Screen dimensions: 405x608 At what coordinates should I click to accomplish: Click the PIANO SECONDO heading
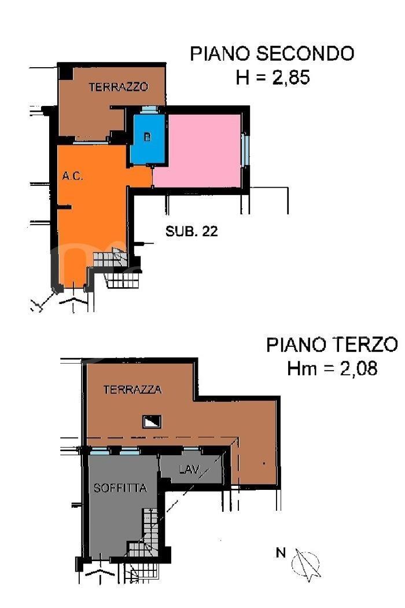click(x=272, y=53)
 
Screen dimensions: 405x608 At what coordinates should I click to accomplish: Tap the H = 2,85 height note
click(x=273, y=77)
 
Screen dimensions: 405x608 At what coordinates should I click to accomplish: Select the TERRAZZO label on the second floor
click(x=119, y=87)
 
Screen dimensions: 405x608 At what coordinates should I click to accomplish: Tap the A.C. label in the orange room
click(x=73, y=177)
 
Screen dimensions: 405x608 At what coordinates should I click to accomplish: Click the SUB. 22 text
click(x=192, y=232)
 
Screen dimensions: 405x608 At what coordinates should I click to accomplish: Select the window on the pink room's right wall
click(x=245, y=149)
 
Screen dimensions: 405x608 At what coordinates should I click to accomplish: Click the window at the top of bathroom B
click(x=149, y=110)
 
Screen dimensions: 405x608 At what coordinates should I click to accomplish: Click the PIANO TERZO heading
click(x=332, y=345)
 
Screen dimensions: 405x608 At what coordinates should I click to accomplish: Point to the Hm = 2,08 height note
click(x=332, y=368)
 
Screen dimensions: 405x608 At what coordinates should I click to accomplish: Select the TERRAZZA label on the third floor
click(x=132, y=390)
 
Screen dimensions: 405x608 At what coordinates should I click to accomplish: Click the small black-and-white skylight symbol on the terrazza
click(x=152, y=422)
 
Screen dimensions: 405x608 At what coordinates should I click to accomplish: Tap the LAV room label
click(x=189, y=470)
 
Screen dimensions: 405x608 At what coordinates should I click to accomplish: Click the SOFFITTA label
click(x=120, y=488)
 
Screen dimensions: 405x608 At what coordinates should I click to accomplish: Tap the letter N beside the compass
click(x=281, y=552)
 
